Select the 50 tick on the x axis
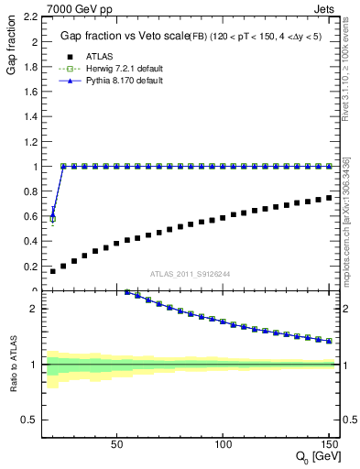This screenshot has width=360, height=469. [116, 445]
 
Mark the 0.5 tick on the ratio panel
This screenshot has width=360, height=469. [29, 420]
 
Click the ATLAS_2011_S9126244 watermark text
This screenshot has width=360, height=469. [190, 273]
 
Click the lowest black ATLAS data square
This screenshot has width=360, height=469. [52, 271]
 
